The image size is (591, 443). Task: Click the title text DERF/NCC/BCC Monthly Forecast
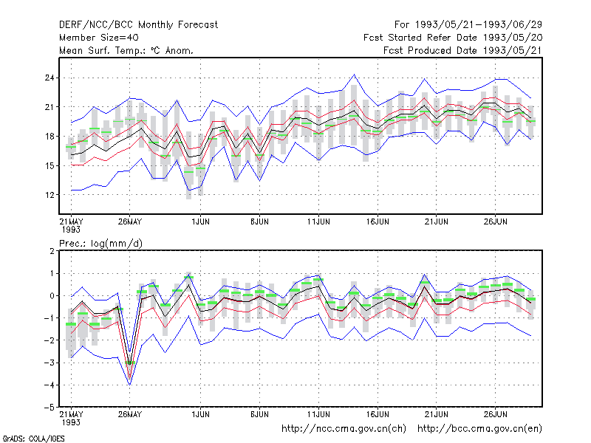138,25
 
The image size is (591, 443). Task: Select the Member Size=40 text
99,38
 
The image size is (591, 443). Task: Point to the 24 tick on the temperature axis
49,78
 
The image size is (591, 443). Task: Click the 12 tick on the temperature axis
49,195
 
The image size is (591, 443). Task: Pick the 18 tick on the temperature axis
49,137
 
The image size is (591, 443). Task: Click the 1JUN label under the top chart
200,221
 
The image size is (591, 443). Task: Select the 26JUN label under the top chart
495,221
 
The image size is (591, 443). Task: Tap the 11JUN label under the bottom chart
318,414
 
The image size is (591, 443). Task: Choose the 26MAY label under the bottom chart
130,414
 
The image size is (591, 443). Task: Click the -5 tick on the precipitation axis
49,408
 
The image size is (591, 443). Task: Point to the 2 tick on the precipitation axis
52,251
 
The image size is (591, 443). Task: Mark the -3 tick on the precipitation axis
49,363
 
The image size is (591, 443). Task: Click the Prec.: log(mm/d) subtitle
100,244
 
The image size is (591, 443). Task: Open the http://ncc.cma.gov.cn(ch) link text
344,429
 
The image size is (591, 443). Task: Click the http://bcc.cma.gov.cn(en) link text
479,429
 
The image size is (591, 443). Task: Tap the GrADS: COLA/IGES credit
33,439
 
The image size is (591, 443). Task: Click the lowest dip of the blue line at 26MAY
130,385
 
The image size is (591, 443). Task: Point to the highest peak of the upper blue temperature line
354,75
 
